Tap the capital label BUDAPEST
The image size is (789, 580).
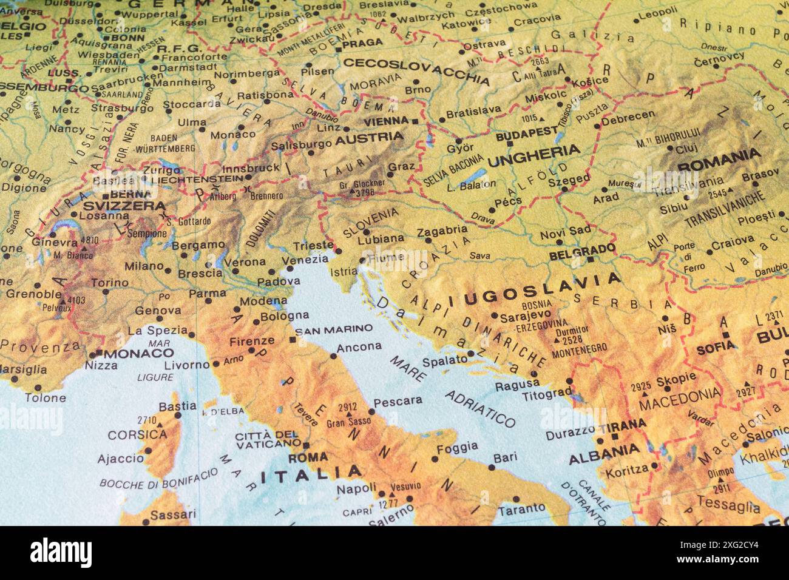coord(526,135)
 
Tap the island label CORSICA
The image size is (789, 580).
coord(137,434)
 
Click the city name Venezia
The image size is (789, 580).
coord(305,260)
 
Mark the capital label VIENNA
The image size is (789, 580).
coord(386,121)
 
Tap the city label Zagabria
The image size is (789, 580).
coord(442,231)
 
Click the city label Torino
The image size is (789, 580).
coord(109,283)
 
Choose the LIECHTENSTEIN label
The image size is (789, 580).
coord(197,180)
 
